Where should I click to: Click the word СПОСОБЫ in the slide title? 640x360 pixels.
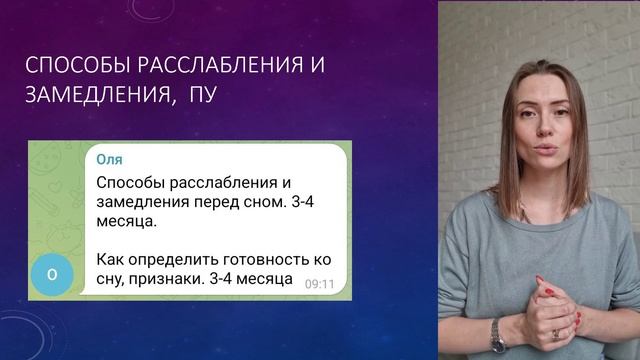coord(72,68)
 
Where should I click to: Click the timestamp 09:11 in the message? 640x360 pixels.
coord(319,284)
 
